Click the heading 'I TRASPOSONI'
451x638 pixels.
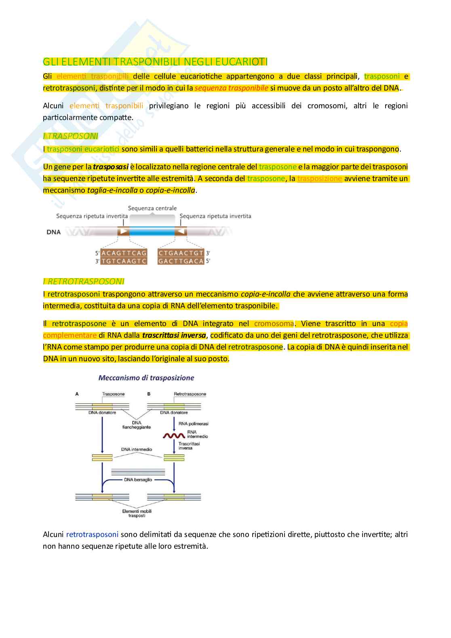tap(71, 136)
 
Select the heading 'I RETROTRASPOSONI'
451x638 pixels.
tap(84, 281)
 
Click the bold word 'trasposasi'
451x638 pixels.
tap(110, 167)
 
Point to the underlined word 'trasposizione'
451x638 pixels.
tap(320, 179)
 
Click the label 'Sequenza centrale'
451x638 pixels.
tap(152, 208)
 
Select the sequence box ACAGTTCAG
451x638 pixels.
tap(124, 253)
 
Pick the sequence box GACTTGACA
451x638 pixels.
tap(181, 261)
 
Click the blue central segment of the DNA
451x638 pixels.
tap(152, 232)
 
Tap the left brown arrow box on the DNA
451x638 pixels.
tap(123, 232)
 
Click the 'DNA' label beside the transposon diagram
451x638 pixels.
tap(54, 232)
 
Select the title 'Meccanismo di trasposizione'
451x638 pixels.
tap(146, 378)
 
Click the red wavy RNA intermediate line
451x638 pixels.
tap(174, 436)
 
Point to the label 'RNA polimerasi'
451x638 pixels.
tap(194, 423)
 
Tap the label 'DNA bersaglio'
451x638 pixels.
tap(138, 480)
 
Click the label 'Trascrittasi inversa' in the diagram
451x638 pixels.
tap(189, 446)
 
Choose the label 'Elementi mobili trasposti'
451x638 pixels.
tap(137, 513)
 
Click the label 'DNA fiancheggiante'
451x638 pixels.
tap(137, 425)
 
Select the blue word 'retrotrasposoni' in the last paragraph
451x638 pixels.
tap(92, 534)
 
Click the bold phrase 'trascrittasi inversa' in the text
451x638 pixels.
tap(174, 335)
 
